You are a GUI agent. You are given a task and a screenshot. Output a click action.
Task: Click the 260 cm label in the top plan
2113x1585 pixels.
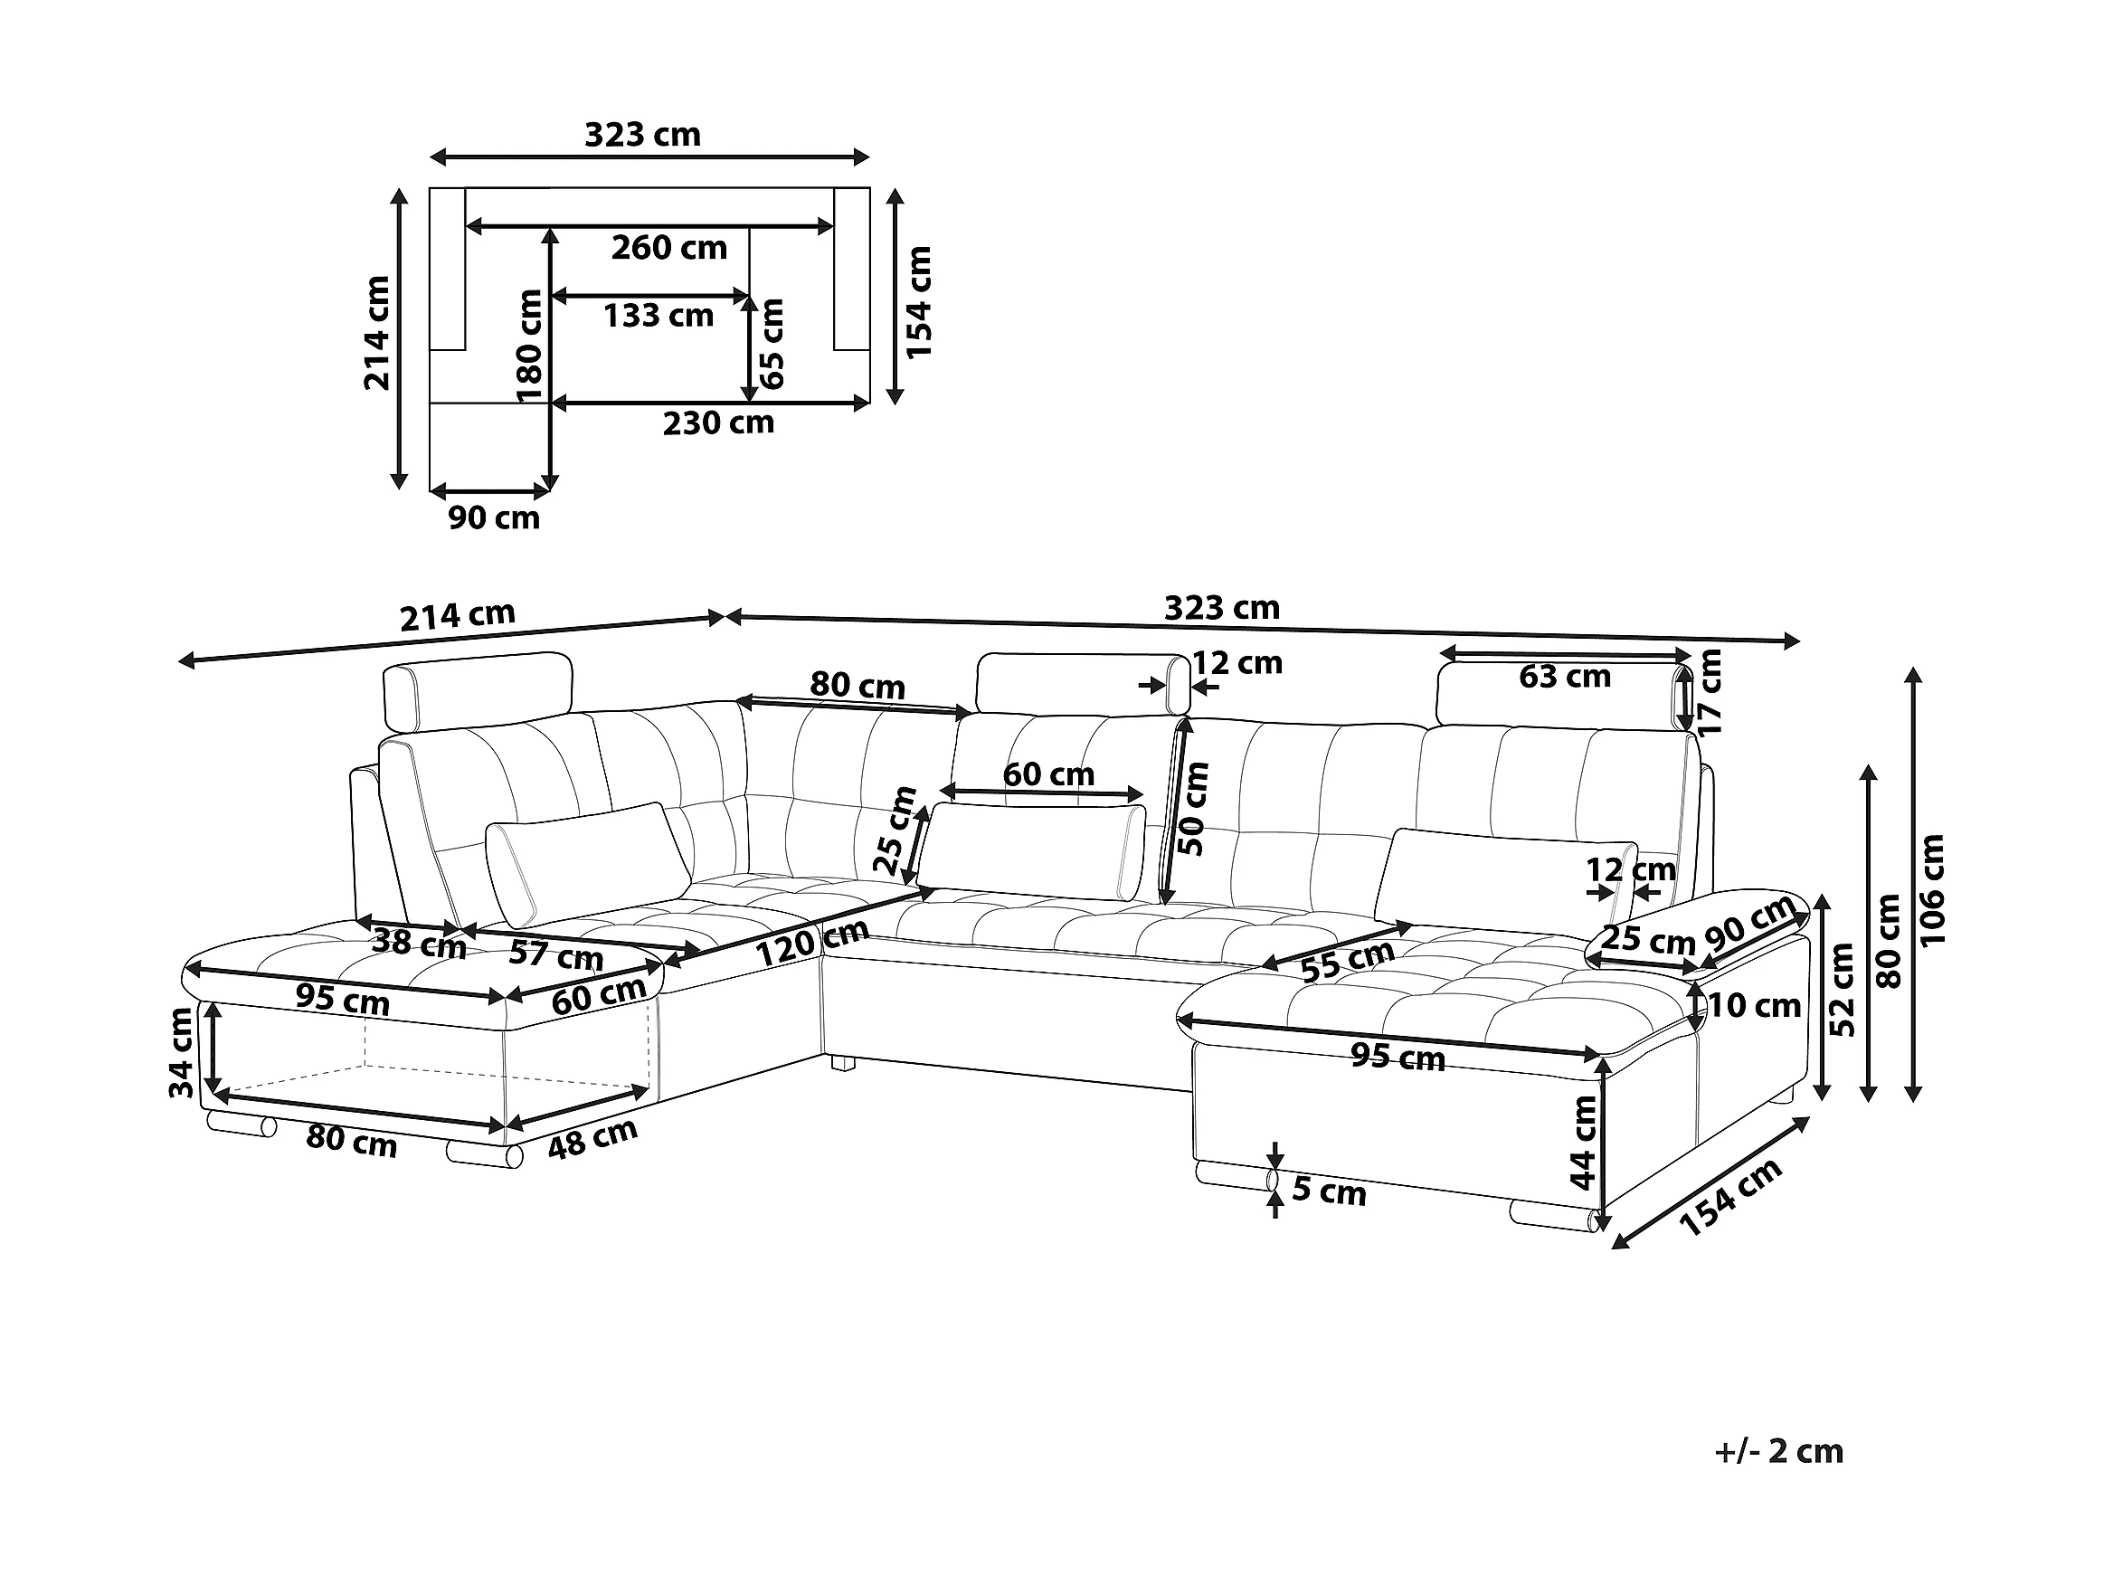tap(668, 249)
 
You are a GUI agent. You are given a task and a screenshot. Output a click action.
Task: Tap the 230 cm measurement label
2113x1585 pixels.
tap(718, 422)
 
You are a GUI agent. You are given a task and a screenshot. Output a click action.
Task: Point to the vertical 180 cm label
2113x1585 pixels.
tap(528, 346)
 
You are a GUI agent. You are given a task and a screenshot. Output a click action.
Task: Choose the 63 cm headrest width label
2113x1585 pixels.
tap(1565, 677)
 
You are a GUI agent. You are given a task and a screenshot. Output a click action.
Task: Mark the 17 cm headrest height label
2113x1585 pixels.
tap(1710, 692)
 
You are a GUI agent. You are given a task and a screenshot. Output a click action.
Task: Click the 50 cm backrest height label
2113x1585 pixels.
tap(1193, 808)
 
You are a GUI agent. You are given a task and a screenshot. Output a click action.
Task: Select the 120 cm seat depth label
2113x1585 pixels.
tap(811, 944)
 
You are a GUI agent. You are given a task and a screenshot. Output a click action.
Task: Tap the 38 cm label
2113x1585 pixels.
tap(419, 944)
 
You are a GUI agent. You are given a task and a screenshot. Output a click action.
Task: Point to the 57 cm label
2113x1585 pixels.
tap(556, 954)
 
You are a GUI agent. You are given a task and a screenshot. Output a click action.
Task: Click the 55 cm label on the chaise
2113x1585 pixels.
tap(1348, 960)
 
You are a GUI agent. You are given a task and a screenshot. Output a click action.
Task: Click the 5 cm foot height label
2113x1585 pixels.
tap(1329, 1192)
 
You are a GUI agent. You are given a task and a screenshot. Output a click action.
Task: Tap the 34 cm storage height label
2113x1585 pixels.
tap(182, 1053)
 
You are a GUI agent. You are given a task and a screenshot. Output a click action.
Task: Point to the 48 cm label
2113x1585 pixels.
tap(592, 1138)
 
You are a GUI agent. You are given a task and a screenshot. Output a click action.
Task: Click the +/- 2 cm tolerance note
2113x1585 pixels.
tap(1777, 1451)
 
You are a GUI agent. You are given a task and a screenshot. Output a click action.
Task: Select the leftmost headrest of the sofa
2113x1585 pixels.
tap(478, 692)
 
